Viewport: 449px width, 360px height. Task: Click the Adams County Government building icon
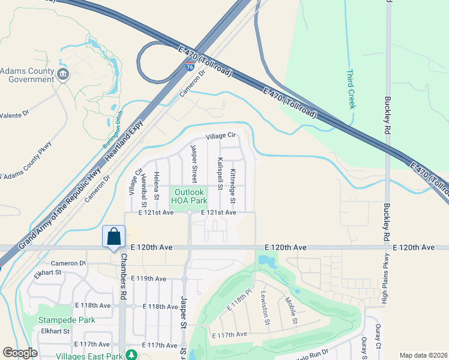pos(63,75)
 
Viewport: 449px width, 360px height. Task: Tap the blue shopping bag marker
pos(113,236)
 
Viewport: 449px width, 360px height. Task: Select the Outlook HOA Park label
pos(189,196)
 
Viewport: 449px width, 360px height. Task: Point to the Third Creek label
pos(351,89)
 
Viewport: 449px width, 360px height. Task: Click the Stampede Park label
pos(59,320)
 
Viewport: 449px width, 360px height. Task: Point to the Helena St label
pos(156,185)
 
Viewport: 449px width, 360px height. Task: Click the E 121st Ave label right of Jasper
pos(218,212)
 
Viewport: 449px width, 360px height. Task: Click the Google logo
pos(20,353)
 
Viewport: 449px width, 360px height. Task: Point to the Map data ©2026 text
pos(423,355)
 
